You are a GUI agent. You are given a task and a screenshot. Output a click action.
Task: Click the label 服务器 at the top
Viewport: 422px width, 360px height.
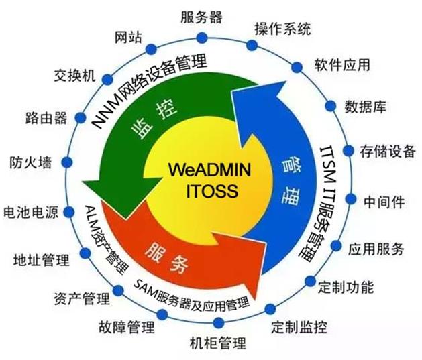click(201, 16)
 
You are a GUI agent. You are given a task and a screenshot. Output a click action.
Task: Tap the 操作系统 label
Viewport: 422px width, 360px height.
click(282, 29)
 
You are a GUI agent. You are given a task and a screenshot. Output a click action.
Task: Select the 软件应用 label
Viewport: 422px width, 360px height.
click(341, 65)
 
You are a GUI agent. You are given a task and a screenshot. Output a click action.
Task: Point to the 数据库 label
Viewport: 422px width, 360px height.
click(365, 106)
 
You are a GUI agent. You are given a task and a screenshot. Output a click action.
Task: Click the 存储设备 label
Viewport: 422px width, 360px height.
click(387, 149)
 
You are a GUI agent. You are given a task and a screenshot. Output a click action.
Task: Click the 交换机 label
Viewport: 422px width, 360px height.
click(74, 74)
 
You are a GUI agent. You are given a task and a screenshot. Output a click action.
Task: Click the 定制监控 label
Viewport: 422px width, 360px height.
click(299, 327)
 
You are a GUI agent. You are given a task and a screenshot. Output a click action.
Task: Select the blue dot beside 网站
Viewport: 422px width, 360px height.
click(151, 48)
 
